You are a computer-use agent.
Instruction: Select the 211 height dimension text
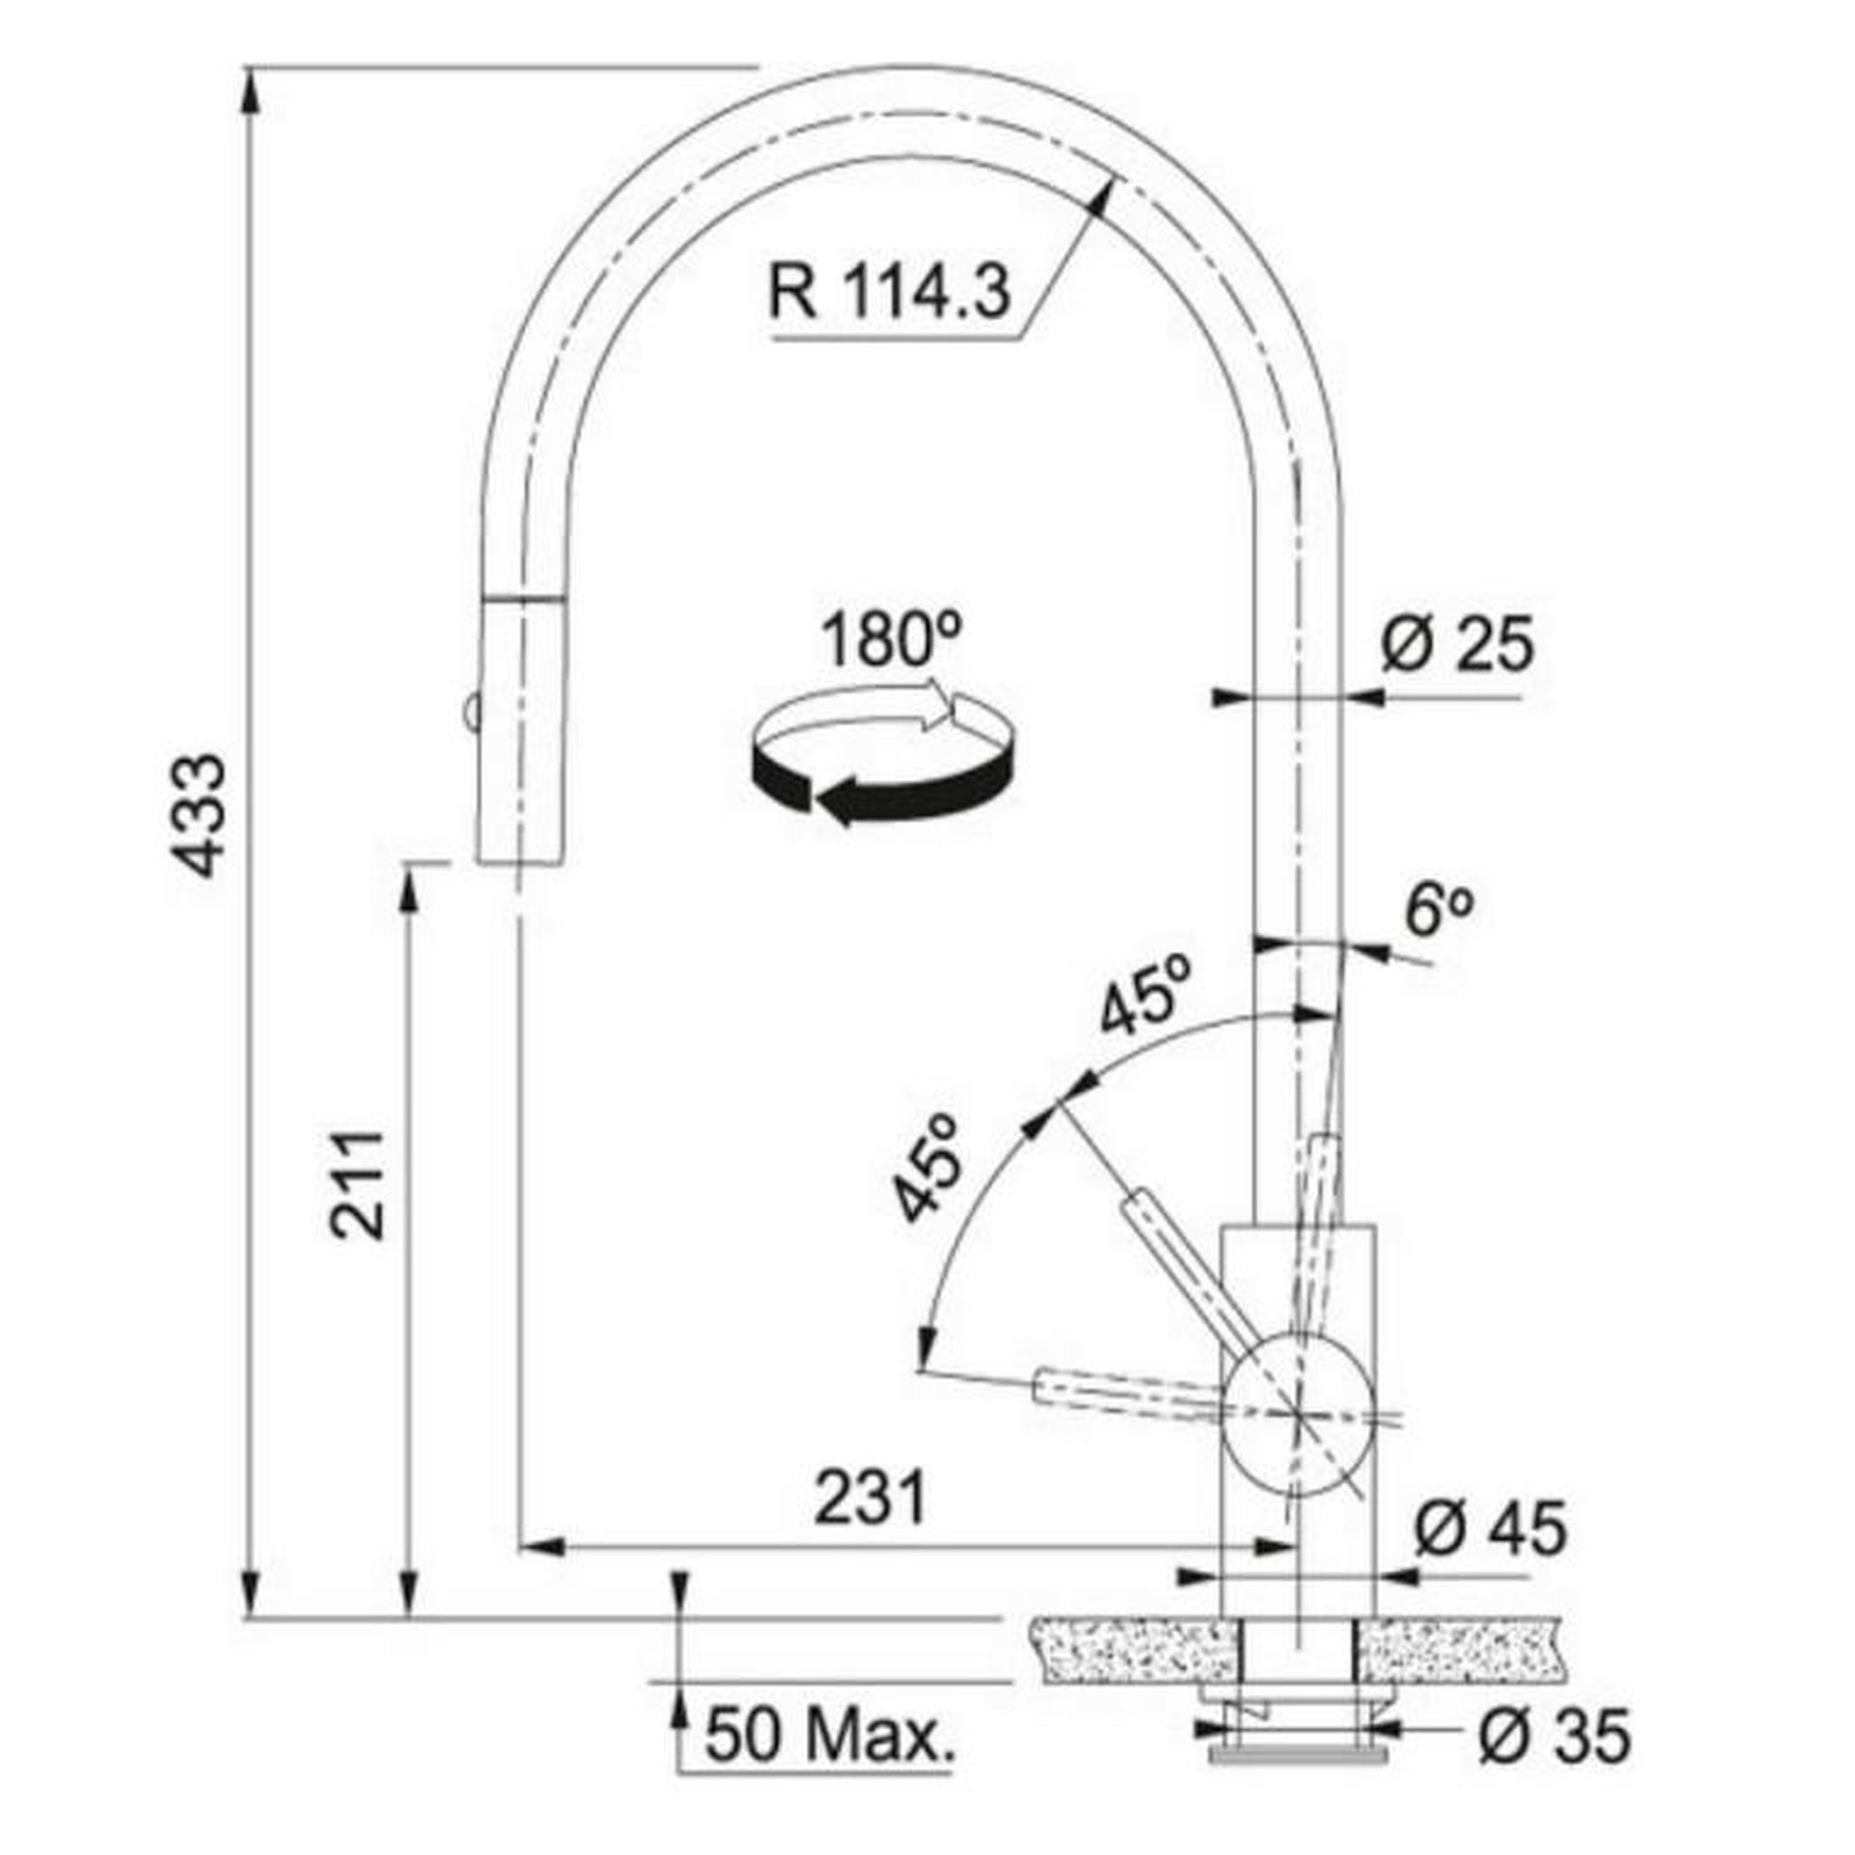tap(357, 1186)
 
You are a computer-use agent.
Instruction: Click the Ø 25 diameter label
tap(1456, 644)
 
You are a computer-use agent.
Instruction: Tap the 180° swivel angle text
tap(891, 639)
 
